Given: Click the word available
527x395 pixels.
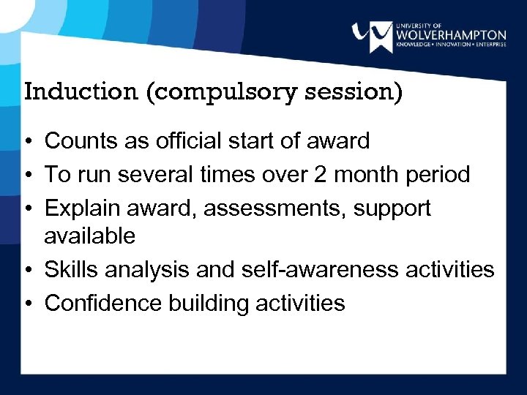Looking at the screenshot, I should (89, 236).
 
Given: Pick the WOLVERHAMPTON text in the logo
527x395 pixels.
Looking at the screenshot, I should (449, 34).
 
